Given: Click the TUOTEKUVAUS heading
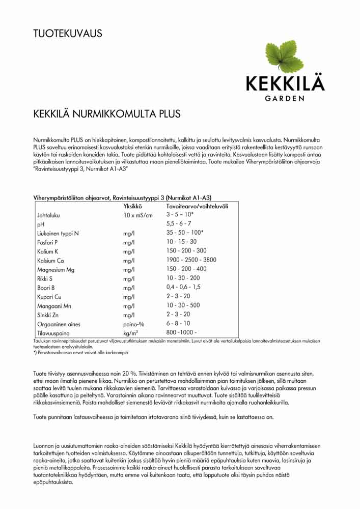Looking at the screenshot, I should (x=68, y=34).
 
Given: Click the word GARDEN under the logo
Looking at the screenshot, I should (x=285, y=98).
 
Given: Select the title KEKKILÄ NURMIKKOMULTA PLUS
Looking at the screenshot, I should (x=106, y=114).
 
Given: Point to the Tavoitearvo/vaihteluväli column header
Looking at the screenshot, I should (x=197, y=206).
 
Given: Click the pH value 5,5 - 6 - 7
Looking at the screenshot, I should (x=179, y=224).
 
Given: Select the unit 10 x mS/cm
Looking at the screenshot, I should (x=138, y=215).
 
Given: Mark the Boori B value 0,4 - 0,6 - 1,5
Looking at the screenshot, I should (x=183, y=288).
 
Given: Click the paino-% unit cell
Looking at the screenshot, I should (x=134, y=324).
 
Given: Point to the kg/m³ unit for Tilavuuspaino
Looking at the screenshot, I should (x=131, y=332).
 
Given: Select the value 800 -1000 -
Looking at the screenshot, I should (x=181, y=332).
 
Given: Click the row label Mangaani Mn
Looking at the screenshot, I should (x=53, y=306).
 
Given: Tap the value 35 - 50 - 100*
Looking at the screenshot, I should (x=185, y=233).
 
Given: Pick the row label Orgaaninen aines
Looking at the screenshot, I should (x=59, y=324).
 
